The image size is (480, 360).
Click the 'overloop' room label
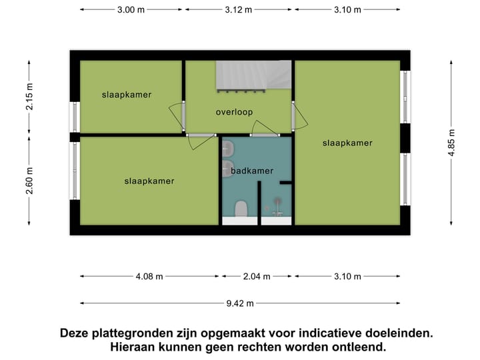(234, 112)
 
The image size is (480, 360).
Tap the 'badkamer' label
(252, 171)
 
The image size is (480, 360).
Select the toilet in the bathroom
(241, 210)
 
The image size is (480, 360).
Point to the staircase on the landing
(253, 75)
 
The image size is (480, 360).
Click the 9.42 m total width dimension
(240, 303)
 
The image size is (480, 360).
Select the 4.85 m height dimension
(453, 142)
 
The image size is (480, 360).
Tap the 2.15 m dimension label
(29, 98)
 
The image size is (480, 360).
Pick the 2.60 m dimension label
(29, 180)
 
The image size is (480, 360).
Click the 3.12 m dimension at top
(239, 10)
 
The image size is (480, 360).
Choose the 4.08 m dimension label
(149, 277)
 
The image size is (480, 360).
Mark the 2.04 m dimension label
(257, 277)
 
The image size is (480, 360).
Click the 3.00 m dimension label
(131, 10)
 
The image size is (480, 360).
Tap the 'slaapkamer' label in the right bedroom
(347, 143)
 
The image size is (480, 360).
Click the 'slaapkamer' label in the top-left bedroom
(127, 95)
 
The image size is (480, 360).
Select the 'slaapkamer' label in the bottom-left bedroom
(149, 181)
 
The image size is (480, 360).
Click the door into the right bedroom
(301, 117)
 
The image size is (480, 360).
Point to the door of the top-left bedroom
(177, 116)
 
